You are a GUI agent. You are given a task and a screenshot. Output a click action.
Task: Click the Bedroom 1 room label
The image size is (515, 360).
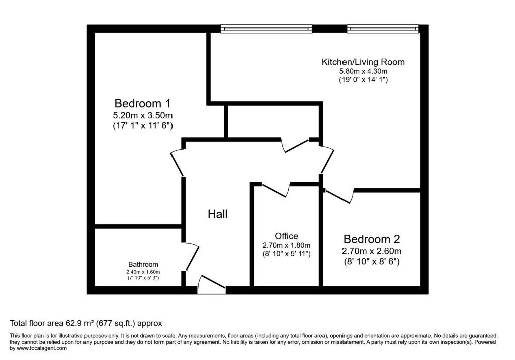coord(142,103)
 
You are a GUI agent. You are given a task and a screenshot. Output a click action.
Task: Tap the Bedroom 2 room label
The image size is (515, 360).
coord(372,239)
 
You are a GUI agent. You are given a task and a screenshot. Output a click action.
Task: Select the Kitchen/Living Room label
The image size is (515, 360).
coord(363,62)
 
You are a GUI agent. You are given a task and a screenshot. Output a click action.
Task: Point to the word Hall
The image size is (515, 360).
coord(217,214)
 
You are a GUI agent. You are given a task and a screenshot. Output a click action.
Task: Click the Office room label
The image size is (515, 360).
coord(286,236)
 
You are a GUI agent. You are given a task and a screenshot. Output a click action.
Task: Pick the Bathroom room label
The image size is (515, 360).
coord(143,264)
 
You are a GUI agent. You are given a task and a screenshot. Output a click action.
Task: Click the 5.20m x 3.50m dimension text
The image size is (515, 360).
coord(142,116)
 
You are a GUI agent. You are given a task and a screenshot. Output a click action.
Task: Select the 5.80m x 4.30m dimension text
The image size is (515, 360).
coord(363,71)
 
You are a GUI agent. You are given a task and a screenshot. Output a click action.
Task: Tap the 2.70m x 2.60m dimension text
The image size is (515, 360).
coord(372,251)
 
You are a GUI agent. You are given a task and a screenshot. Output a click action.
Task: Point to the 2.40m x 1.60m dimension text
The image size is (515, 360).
coord(143,272)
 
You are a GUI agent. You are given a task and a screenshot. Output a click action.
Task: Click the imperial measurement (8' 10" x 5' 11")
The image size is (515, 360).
coord(286,254)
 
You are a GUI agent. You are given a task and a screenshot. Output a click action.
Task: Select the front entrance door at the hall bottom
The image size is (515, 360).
coord(211,284)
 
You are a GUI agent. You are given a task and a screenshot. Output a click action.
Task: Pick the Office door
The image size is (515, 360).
coord(275,190)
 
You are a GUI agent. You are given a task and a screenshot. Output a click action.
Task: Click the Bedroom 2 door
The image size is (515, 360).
coord(339,196)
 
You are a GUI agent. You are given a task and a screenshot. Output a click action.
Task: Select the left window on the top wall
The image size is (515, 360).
coord(267,29)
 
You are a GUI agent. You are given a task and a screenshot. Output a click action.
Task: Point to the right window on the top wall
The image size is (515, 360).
coord(383,29)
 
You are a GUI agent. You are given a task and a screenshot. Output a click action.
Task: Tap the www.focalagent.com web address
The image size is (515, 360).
coord(42,348)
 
